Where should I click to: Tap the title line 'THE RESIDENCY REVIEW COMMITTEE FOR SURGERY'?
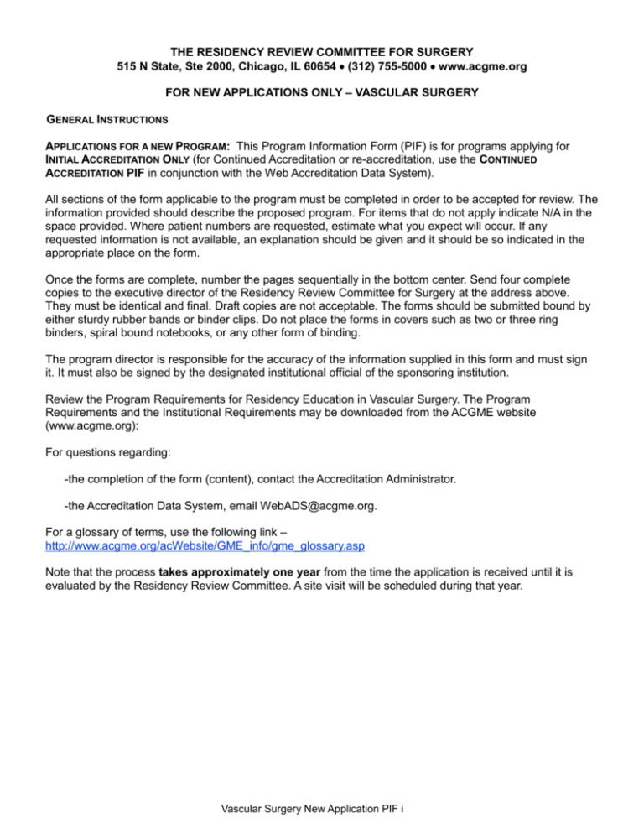pos(322,46)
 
